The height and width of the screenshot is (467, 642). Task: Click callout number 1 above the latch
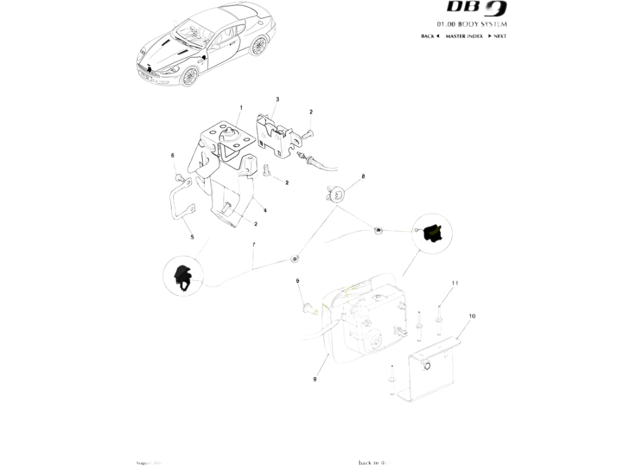tap(240, 108)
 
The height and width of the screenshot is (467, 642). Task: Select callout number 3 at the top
tap(277, 100)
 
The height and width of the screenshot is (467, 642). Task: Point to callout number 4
tap(264, 210)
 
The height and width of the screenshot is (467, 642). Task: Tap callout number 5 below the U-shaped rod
tap(192, 237)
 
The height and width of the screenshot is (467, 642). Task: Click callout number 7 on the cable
tap(253, 246)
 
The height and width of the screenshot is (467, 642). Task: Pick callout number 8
tap(363, 176)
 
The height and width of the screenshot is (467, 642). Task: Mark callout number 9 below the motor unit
tap(315, 379)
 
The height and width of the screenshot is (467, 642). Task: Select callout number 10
tap(472, 316)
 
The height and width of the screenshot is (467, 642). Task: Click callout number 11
tap(455, 283)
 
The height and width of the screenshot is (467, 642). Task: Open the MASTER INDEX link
tap(464, 36)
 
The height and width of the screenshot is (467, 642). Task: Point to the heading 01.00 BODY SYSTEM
tap(472, 25)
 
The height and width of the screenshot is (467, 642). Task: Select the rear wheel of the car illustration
tap(258, 46)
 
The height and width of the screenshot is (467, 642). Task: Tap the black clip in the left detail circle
tap(183, 276)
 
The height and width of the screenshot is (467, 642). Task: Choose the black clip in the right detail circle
tap(433, 232)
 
